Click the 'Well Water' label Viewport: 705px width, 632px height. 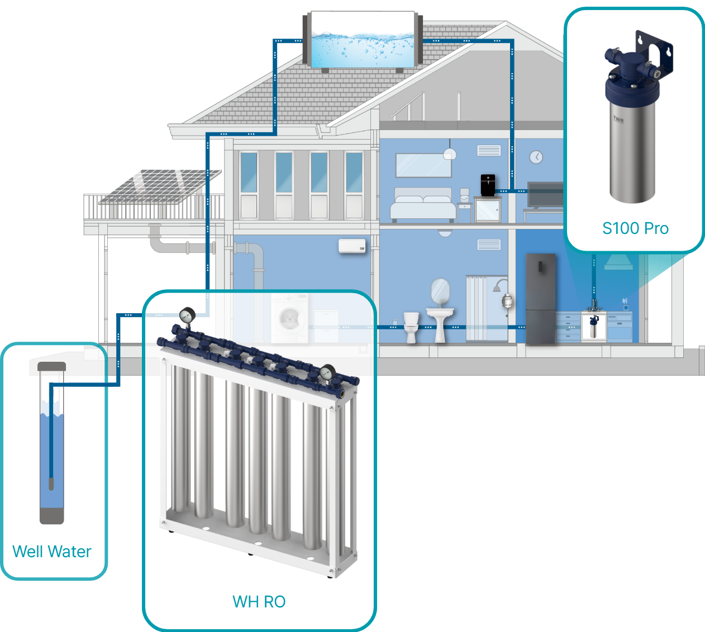click(x=51, y=552)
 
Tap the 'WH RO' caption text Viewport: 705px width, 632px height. click(x=259, y=602)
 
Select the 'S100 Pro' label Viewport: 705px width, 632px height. click(x=635, y=228)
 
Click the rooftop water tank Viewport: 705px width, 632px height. click(x=362, y=40)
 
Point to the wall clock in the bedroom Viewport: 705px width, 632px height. click(x=536, y=157)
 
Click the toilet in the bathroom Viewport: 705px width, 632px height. click(x=411, y=327)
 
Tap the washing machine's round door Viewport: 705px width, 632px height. click(x=288, y=319)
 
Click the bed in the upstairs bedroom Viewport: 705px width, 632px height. click(x=423, y=205)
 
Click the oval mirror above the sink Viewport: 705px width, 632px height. click(x=440, y=290)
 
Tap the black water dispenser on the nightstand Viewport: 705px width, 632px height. click(x=488, y=185)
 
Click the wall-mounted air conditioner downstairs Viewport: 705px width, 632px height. click(x=352, y=246)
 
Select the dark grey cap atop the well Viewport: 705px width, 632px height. click(x=51, y=367)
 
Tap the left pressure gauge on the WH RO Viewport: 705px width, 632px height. click(x=187, y=316)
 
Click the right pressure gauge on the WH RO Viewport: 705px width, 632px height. click(x=328, y=372)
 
